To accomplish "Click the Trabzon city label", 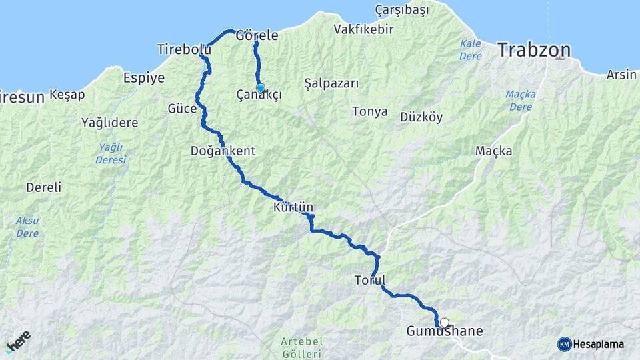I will pos(535,49).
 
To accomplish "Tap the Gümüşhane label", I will pos(445,331).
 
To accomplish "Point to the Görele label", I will pos(257,36).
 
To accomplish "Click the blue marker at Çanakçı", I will pos(260,88).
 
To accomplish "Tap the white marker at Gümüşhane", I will pos(445,323).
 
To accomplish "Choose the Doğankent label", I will pos(223,151).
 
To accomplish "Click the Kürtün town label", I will pos(293,208).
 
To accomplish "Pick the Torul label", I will pos(371,281).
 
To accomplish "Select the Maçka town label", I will pos(494,151).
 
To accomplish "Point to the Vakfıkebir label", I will pos(363,29).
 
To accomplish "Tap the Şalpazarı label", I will pos(331,83).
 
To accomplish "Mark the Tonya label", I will pos(370,111).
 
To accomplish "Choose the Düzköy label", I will pos(421,117).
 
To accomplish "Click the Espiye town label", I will pos(144,78).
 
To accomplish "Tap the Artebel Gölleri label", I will pos(302,347).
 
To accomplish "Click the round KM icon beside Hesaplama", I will pos(565,344).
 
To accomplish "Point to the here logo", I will pos(19,342).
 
